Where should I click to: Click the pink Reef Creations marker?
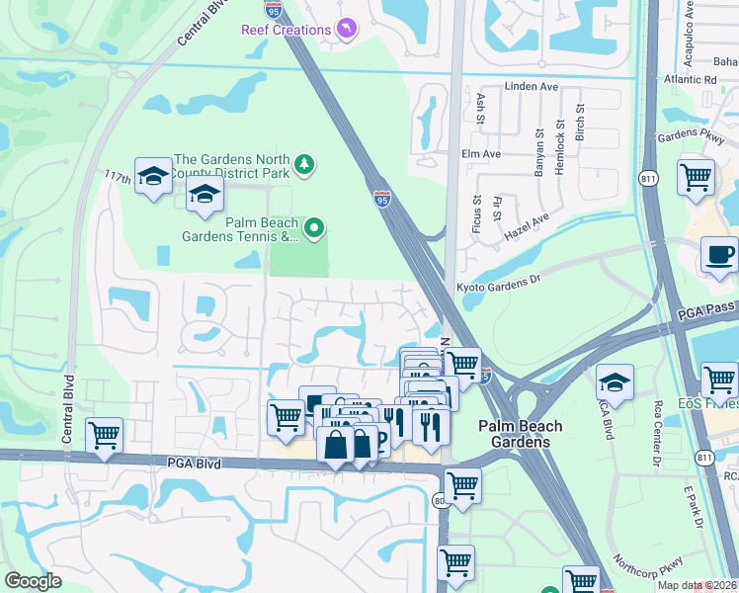coord(346,30)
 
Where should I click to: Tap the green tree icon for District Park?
coord(306,163)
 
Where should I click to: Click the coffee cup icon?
coord(718,255)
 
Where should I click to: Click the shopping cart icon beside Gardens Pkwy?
coord(696,177)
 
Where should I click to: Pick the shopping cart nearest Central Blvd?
coord(104,435)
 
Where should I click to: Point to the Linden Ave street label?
coord(532,87)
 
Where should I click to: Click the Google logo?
coord(33,580)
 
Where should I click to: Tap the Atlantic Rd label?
coord(692,79)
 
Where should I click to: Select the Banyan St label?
coord(539,152)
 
